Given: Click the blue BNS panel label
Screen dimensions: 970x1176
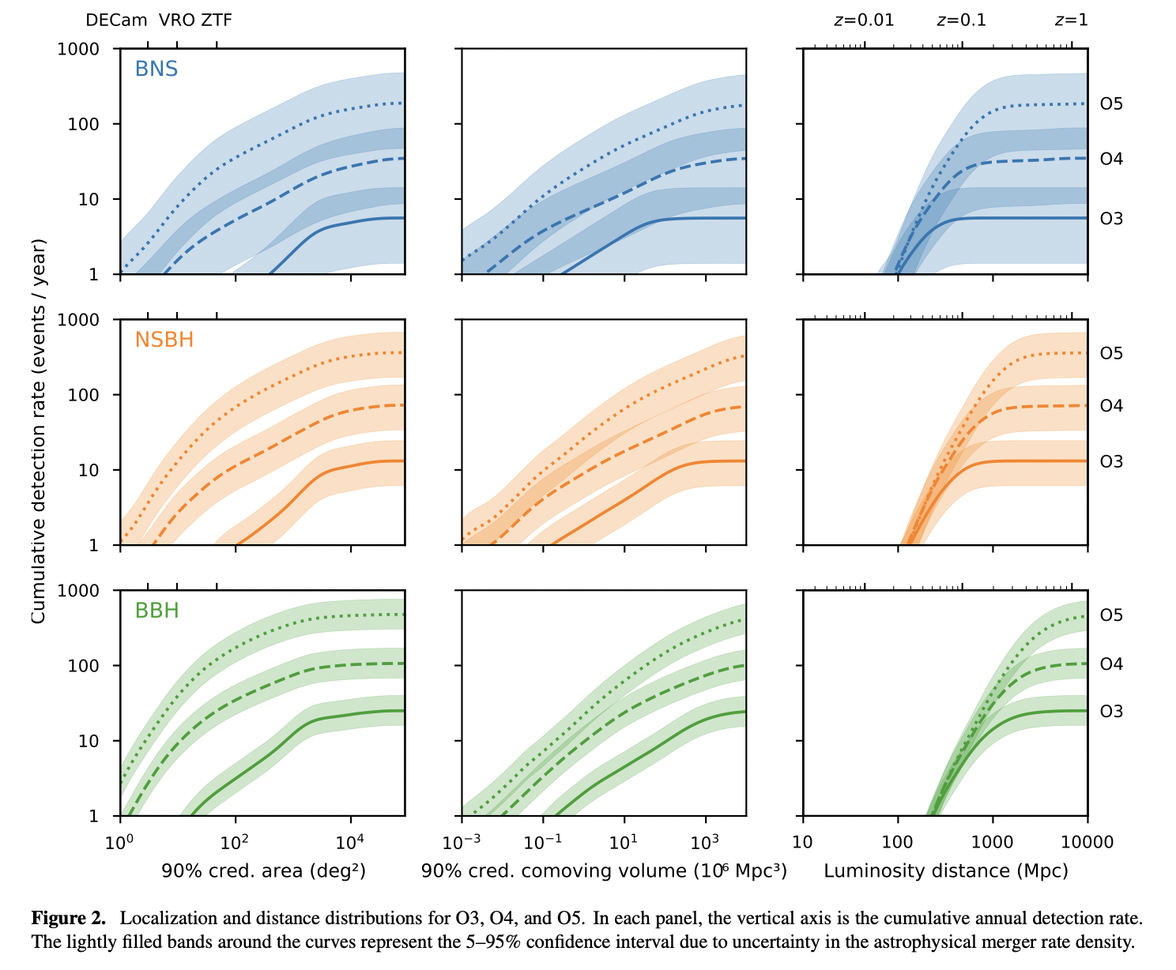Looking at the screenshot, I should click(x=156, y=70).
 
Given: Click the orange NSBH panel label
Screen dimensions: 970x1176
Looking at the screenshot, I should click(x=164, y=340).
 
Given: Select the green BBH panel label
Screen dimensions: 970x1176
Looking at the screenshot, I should click(x=157, y=611).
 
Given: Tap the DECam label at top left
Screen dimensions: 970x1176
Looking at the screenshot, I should click(x=117, y=21).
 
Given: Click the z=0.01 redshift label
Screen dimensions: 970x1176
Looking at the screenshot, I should click(x=864, y=21).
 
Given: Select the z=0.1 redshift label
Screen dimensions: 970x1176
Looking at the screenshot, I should click(x=961, y=21).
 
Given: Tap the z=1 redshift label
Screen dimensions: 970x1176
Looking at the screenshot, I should click(x=1071, y=21).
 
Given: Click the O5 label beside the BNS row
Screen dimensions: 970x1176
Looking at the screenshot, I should click(x=1111, y=104).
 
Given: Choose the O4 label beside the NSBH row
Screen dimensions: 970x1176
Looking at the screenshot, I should click(x=1111, y=406).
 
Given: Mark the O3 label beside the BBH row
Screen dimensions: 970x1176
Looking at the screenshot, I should click(x=1111, y=712).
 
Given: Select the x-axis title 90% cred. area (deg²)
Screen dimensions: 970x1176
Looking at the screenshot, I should click(x=263, y=871).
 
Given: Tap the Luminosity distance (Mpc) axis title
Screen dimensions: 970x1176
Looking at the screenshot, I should click(x=945, y=871).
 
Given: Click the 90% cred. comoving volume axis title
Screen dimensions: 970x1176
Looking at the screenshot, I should click(x=604, y=871).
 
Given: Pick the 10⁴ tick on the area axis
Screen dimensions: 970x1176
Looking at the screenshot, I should click(x=350, y=842).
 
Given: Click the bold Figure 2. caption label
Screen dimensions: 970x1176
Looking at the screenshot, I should click(x=69, y=919).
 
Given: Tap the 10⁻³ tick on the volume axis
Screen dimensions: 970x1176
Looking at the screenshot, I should click(x=462, y=842).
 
